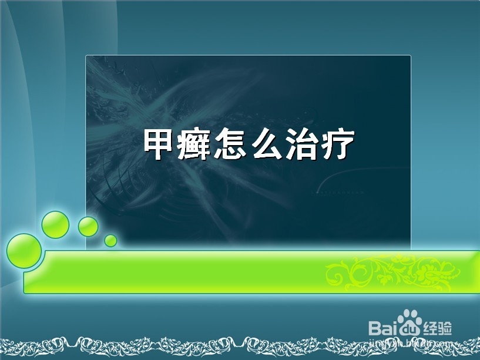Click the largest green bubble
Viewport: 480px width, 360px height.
(x=24, y=251)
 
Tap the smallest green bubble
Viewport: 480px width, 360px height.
(x=110, y=240)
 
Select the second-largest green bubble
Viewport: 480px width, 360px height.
(x=56, y=224)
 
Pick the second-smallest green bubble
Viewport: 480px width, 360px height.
(x=88, y=226)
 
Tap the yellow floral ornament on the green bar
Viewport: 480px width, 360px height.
(x=394, y=272)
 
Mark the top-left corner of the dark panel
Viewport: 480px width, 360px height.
(x=86, y=56)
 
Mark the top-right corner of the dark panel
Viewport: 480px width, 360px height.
(x=410, y=56)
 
